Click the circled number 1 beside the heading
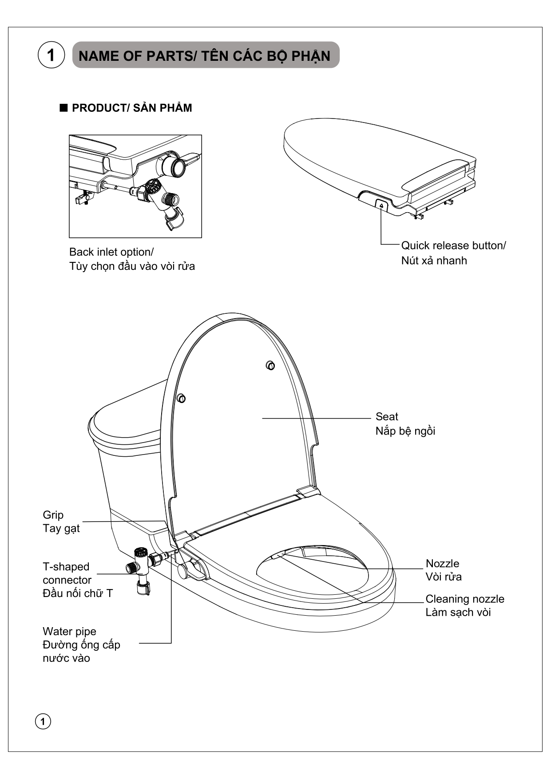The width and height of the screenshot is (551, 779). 51,55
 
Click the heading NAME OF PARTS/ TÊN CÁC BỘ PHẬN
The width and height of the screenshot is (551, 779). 205,56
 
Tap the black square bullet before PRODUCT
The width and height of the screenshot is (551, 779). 63,108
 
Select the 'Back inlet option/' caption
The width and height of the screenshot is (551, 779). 111,252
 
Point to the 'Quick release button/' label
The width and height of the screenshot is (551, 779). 453,245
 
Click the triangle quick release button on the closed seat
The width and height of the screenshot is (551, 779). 381,205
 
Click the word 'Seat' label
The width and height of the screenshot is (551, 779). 387,416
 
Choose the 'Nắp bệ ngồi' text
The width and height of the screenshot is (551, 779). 405,431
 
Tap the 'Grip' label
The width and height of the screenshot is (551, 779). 53,515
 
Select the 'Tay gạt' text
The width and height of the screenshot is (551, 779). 61,528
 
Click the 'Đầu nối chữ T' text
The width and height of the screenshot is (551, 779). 78,593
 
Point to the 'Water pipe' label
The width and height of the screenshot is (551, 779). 69,631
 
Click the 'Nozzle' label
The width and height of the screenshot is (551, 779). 442,563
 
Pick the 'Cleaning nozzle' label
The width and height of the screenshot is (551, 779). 464,599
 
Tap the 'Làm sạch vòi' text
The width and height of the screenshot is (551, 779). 458,613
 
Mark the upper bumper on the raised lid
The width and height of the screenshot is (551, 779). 270,365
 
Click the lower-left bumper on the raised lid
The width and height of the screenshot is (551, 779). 181,398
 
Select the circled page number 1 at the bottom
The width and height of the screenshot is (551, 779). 43,721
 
